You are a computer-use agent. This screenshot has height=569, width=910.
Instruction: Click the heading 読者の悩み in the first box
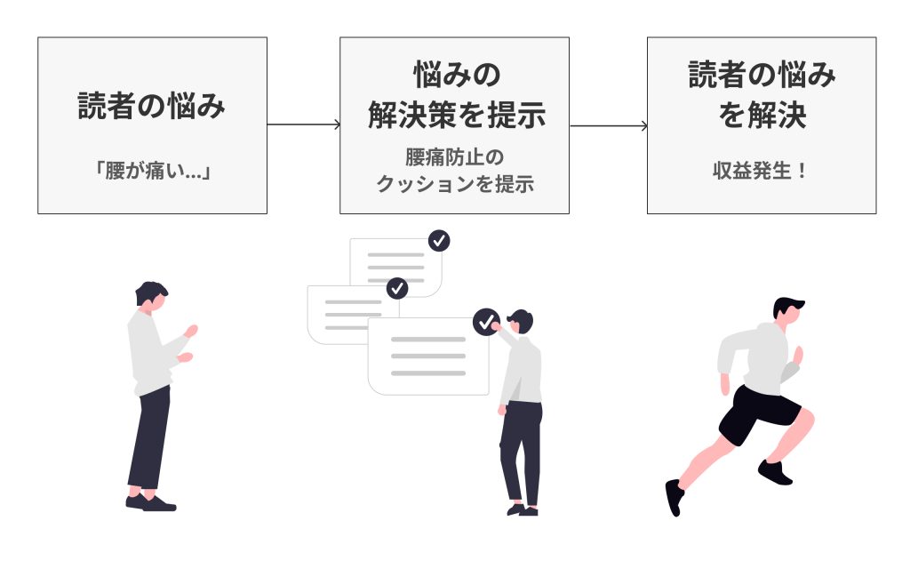coord(151,108)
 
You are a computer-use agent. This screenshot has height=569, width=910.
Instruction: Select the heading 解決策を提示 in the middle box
coord(455,115)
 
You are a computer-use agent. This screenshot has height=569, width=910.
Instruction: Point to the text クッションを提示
coord(455,185)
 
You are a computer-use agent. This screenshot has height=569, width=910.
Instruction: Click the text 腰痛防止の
coord(455,158)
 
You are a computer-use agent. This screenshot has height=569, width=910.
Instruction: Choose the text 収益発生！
coord(761,170)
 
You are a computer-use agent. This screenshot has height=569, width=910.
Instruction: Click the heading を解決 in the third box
coord(762,116)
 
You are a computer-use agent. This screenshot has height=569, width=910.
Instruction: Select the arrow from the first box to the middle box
coord(303,124)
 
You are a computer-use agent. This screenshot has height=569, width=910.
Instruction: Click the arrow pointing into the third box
coord(609,125)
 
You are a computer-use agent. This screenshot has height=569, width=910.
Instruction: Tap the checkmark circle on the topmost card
coord(439,240)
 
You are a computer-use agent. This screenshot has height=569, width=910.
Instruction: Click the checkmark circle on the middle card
coord(397,288)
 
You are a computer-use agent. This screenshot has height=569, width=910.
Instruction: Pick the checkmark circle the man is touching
coord(486,322)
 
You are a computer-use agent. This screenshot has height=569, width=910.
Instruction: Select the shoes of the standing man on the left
coord(151,503)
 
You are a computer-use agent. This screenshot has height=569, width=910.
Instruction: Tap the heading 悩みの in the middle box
coord(455,75)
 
